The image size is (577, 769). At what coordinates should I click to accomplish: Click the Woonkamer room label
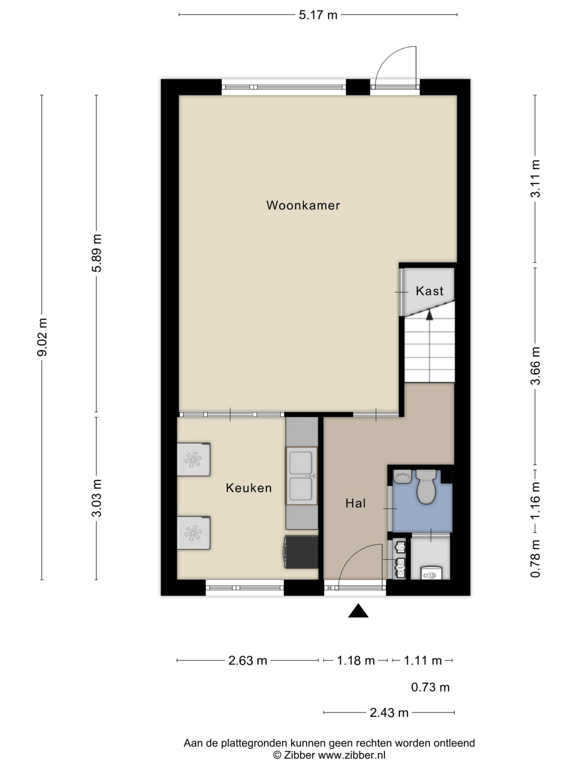(303, 205)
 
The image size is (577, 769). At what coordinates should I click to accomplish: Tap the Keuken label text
(249, 488)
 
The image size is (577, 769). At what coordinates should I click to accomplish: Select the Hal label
(356, 503)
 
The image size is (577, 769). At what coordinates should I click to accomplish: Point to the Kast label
(429, 291)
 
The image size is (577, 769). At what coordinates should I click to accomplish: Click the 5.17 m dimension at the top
(318, 15)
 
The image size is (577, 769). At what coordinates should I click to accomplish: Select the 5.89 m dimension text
(97, 253)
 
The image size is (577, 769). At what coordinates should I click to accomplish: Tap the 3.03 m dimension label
(97, 498)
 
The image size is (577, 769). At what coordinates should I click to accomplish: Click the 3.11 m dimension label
(535, 179)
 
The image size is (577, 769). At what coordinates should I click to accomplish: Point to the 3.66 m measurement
(535, 366)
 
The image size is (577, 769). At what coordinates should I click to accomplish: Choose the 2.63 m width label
(248, 661)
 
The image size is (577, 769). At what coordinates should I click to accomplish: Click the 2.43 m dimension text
(389, 713)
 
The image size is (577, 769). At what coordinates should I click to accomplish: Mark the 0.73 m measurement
(430, 687)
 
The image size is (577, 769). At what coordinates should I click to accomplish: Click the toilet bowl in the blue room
(426, 488)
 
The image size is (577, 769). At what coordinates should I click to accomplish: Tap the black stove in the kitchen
(301, 552)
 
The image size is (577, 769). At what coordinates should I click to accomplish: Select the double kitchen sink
(301, 476)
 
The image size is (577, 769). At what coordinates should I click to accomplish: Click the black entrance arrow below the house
(358, 610)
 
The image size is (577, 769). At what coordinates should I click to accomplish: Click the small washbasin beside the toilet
(403, 477)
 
